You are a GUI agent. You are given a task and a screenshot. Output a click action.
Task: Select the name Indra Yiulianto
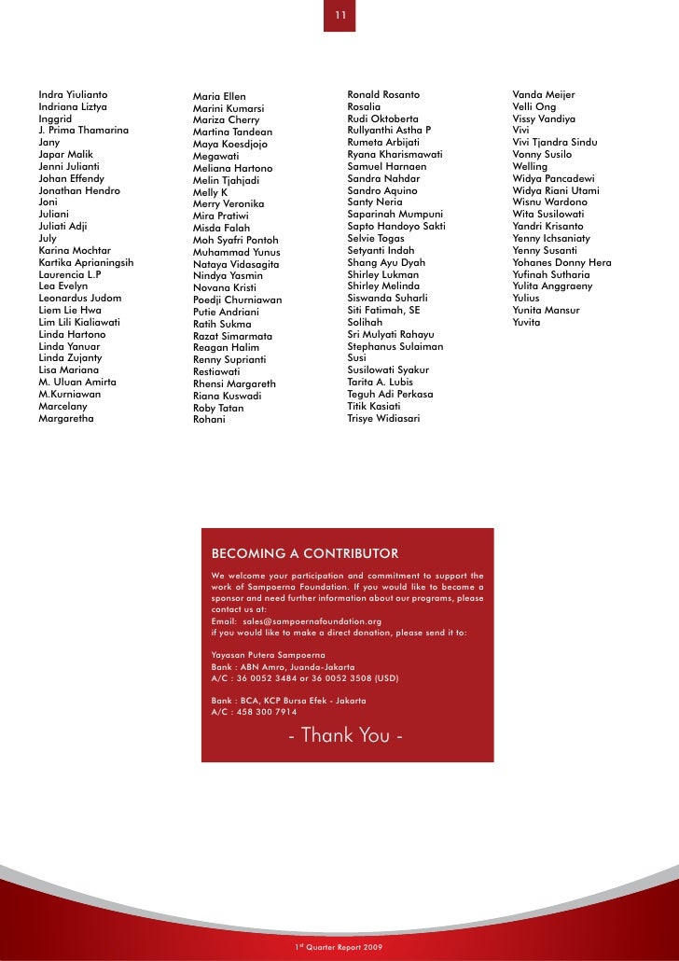pyautogui.click(x=73, y=94)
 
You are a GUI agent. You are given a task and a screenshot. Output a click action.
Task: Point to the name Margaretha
pyautogui.click(x=66, y=418)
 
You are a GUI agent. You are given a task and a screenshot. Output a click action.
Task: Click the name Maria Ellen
pyautogui.click(x=219, y=96)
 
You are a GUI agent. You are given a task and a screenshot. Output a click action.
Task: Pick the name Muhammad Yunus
pyautogui.click(x=236, y=252)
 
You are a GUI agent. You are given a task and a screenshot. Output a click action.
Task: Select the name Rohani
pyautogui.click(x=209, y=419)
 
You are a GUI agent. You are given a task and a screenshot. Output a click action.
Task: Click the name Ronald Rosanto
pyautogui.click(x=383, y=94)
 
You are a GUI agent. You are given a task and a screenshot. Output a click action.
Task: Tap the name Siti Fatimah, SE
pyautogui.click(x=383, y=310)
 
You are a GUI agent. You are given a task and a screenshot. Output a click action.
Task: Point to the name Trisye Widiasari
pyautogui.click(x=383, y=418)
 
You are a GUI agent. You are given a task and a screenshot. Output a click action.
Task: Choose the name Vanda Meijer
pyautogui.click(x=544, y=94)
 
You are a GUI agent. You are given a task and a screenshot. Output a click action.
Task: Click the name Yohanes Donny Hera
pyautogui.click(x=561, y=262)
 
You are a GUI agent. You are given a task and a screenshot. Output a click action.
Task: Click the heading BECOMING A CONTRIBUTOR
pyautogui.click(x=305, y=553)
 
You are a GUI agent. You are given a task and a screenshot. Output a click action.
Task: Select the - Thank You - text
pyautogui.click(x=346, y=735)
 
